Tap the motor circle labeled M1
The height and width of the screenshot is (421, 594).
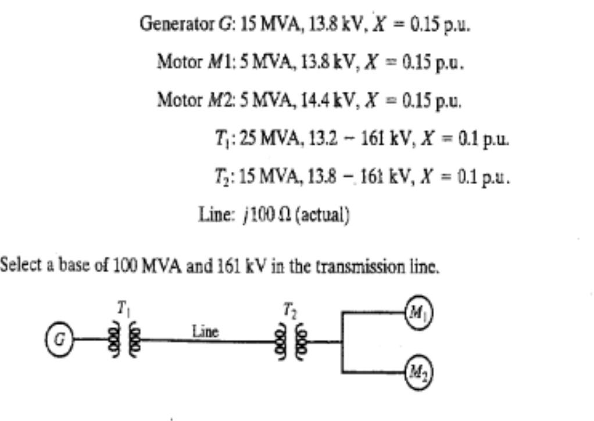tap(419, 314)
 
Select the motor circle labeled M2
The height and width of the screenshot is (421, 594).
tap(419, 372)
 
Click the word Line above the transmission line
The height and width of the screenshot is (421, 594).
tap(206, 332)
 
